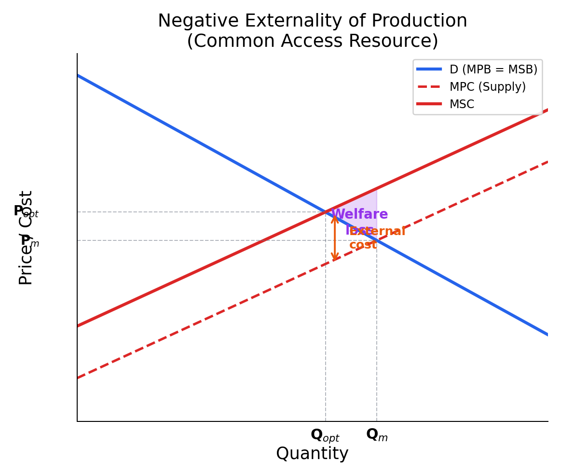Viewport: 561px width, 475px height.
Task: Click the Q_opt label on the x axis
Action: coord(325,435)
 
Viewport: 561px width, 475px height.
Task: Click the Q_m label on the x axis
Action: coord(376,435)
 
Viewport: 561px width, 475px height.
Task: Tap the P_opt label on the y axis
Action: coord(26,211)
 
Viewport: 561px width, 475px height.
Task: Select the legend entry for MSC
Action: coord(462,104)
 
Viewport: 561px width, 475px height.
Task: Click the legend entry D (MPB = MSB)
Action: coord(493,70)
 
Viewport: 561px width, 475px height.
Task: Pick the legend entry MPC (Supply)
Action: coord(487,87)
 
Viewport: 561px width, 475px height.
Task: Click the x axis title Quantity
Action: coord(312,454)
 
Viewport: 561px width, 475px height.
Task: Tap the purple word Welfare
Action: coord(360,214)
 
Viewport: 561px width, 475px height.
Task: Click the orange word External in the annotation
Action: coord(377,232)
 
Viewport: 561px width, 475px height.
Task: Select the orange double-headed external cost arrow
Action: coord(334,238)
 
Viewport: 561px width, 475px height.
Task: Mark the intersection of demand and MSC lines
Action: coord(326,211)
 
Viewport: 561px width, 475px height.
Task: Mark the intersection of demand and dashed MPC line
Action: coord(377,240)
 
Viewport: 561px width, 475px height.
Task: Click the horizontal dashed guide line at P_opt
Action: coord(193,212)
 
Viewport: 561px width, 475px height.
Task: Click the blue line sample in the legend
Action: coord(429,70)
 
